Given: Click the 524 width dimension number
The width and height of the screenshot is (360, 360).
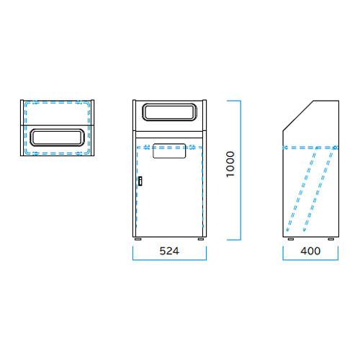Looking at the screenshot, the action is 169,251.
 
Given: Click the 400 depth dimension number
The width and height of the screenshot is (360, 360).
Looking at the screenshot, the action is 310,251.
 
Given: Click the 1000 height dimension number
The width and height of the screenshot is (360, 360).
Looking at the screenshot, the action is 230,164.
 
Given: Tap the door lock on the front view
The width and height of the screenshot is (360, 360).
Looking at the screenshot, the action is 140,181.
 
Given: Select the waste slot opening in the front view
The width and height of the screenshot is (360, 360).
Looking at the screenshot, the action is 170,112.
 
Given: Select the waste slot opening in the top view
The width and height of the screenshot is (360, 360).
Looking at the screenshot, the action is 57,138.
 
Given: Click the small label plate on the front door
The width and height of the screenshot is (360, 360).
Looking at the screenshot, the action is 169,151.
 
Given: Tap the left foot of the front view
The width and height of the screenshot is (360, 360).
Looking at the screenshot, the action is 138,239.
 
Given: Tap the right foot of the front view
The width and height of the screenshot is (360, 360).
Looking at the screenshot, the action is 201,239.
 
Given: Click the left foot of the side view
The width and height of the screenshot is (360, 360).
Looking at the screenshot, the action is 291,239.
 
